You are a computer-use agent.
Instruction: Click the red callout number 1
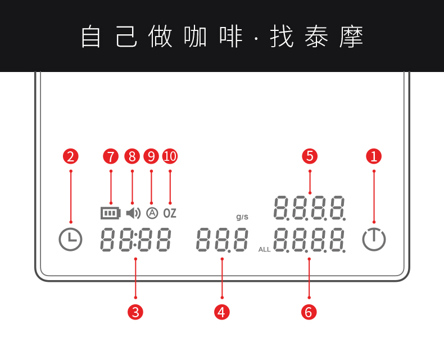tap(374, 156)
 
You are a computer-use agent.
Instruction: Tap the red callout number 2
tap(71, 156)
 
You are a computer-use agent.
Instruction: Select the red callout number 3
tap(135, 312)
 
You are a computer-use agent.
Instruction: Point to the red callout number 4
tap(222, 312)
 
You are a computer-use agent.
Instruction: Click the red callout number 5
tap(310, 156)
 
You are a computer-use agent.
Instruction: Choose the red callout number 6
tap(309, 312)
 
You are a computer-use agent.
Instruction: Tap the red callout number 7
tap(111, 156)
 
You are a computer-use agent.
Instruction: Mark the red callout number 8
tap(132, 156)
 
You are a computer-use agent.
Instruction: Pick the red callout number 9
tap(151, 156)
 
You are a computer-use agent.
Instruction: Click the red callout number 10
tap(170, 156)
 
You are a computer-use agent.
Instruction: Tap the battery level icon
tap(111, 213)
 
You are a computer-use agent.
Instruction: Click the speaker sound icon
tap(133, 213)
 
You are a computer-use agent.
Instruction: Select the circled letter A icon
tap(152, 213)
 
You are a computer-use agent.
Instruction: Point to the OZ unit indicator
tap(170, 213)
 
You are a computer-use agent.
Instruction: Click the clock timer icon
tap(71, 240)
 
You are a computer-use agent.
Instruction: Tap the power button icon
tap(374, 240)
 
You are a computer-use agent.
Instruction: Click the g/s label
tap(242, 217)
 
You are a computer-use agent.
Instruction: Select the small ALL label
tap(265, 249)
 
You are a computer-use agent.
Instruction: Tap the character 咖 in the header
tap(196, 37)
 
